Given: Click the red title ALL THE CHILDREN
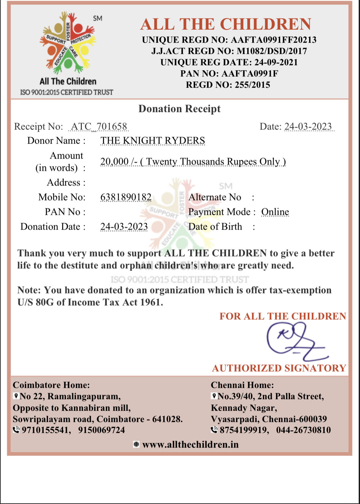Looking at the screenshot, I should coord(226,24).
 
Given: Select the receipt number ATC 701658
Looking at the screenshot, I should coord(99,127).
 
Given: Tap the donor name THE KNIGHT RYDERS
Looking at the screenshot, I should coord(153,141).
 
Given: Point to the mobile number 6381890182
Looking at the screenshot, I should coord(126,197).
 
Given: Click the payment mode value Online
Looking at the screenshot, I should coord(275,212).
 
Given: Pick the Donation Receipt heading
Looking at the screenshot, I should coord(180,109).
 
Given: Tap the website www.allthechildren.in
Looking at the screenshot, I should coord(190,444).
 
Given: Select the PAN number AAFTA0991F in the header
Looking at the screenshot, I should coord(250,74).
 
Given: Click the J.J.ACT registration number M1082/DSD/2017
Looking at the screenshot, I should coord(272,51).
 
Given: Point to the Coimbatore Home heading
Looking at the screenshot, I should coord(51,385).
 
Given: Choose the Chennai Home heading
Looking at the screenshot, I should coord(242,385).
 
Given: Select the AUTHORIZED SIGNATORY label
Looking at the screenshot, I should coord(279,368).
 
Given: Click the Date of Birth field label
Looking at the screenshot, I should coord(215,227).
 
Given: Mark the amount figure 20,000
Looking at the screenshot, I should coord(114,162).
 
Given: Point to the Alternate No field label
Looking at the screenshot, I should coord(215,197).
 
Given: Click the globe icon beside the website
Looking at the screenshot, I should coord(136,444).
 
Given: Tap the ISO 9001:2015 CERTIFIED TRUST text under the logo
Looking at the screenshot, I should coord(67,92).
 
